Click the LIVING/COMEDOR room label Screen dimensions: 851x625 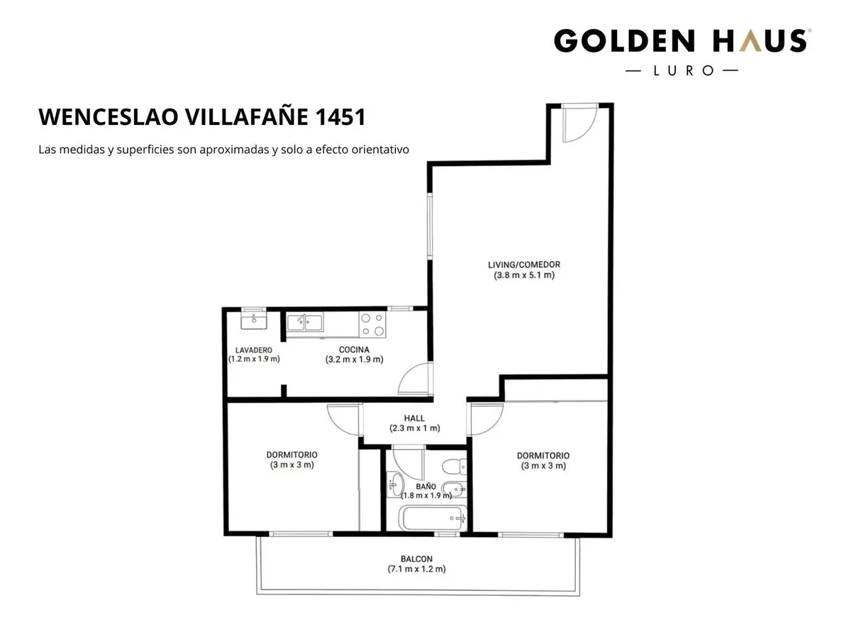524,265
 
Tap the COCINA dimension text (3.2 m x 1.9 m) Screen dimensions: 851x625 354,360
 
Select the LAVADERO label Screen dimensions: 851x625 253,350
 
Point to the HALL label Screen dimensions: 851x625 414,419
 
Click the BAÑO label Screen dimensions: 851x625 425,487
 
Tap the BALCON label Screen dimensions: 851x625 416,559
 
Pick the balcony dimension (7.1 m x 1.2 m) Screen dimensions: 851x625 416,569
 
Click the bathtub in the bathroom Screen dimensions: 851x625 433,519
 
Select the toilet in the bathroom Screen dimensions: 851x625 455,466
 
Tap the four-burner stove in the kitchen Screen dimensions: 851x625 372,324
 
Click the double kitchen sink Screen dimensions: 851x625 305,323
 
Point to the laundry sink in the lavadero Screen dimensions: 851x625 254,321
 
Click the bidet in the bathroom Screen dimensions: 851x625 454,489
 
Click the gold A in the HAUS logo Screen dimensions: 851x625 752,41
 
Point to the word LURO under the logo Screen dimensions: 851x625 683,71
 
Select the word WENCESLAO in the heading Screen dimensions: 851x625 109,117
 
